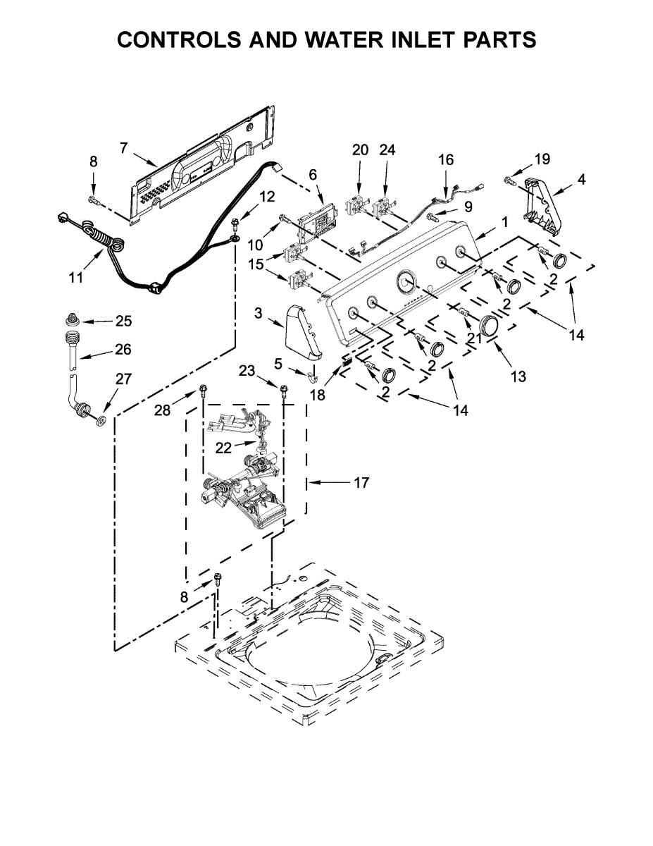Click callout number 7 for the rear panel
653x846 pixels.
pyautogui.click(x=123, y=147)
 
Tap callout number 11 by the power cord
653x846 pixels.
pyautogui.click(x=76, y=277)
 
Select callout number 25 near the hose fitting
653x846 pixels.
pyautogui.click(x=123, y=321)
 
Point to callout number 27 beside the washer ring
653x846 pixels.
pyautogui.click(x=123, y=379)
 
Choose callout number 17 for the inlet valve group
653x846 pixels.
pyautogui.click(x=361, y=483)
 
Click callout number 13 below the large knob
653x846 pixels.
pyautogui.click(x=518, y=376)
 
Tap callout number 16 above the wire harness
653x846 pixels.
pyautogui.click(x=446, y=159)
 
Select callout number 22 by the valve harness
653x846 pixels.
pyautogui.click(x=223, y=448)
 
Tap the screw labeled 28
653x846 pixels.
pyautogui.click(x=203, y=388)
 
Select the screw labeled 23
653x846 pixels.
pyautogui.click(x=285, y=389)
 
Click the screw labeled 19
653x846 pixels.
pyautogui.click(x=509, y=181)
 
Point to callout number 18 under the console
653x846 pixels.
pyautogui.click(x=318, y=395)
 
